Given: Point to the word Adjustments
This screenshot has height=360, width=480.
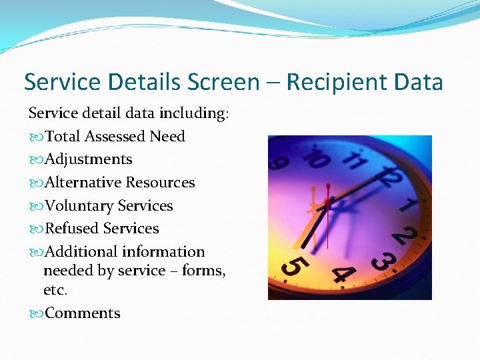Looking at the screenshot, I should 88,159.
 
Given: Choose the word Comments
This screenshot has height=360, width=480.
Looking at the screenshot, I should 82,313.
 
